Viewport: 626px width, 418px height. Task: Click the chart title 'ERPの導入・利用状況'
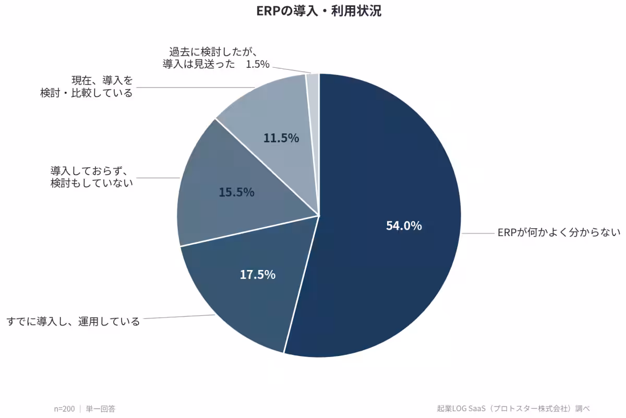[319, 11]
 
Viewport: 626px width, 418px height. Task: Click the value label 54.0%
[404, 226]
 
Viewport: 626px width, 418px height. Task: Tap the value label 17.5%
[258, 275]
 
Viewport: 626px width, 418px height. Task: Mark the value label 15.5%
[236, 192]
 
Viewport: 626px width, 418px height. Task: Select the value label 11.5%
[281, 138]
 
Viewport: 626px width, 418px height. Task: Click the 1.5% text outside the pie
[257, 64]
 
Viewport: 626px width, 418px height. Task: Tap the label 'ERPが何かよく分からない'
[559, 232]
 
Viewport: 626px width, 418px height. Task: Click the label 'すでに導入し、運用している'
[73, 322]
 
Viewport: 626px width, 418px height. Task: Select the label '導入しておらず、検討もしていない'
[92, 177]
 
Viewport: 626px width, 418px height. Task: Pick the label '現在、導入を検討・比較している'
[87, 87]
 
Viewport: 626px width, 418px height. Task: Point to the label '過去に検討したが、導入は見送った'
[199, 58]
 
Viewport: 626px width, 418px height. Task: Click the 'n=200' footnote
[64, 409]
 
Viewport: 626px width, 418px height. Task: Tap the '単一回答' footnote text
[100, 409]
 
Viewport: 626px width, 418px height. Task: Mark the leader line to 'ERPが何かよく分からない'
[478, 233]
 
